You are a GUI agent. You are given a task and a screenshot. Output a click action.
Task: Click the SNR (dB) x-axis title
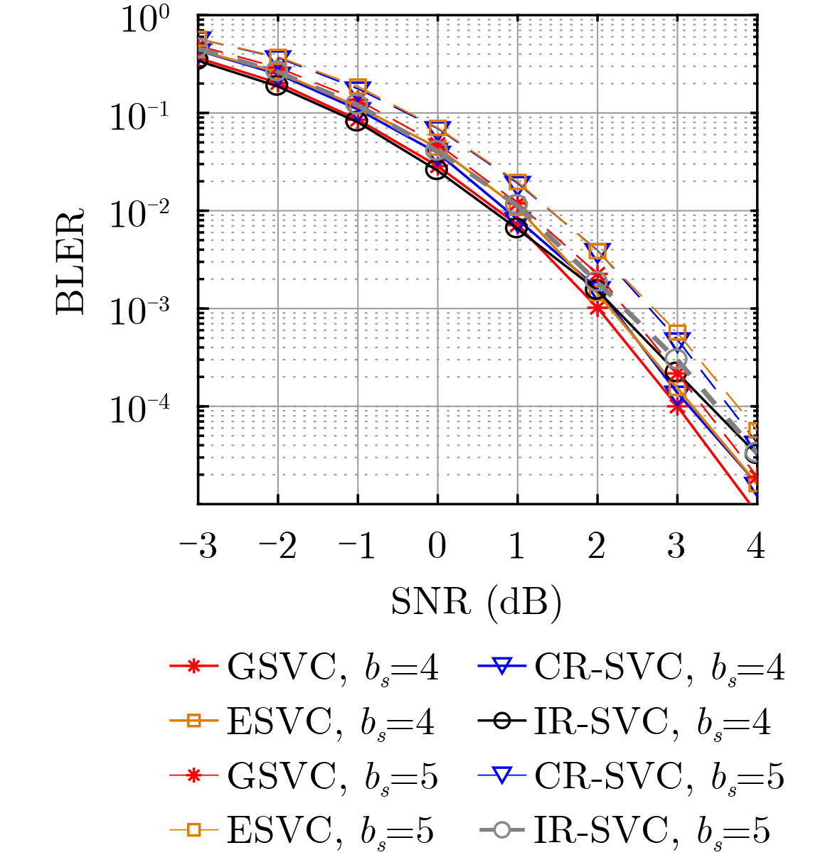click(x=477, y=602)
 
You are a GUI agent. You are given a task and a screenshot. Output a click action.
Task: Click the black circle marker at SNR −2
click(x=277, y=85)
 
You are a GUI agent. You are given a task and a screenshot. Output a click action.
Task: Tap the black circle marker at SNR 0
click(x=437, y=169)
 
